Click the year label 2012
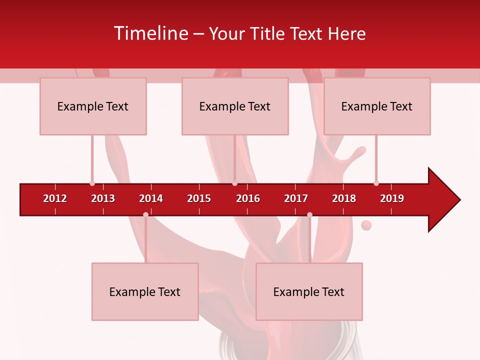pos(55,198)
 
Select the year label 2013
pos(103,198)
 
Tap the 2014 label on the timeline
pos(151,198)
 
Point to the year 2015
pos(199,198)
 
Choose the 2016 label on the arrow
pos(248,198)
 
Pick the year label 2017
pos(296,198)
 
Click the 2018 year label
pos(344,198)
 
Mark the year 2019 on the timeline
pos(392,198)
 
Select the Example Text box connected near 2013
pos(93,106)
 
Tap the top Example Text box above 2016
pos(235,106)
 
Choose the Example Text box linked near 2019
pos(377,106)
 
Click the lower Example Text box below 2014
pos(145,291)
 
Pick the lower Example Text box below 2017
pos(309,291)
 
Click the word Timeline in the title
pos(150,33)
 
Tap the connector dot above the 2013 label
pos(92,183)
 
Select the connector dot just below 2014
pos(145,214)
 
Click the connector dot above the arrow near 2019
pos(376,183)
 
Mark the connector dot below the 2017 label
pos(309,214)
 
